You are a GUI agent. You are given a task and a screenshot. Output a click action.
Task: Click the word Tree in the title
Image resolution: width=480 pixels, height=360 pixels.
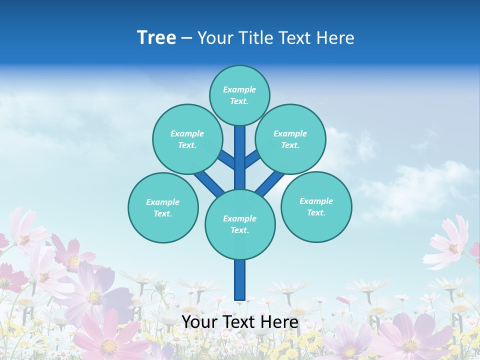pyautogui.click(x=156, y=38)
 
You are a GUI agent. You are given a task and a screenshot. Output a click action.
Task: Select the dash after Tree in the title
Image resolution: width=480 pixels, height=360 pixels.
pyautogui.click(x=186, y=38)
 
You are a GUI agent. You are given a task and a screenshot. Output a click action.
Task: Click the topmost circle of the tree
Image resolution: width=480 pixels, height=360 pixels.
pyautogui.click(x=239, y=95)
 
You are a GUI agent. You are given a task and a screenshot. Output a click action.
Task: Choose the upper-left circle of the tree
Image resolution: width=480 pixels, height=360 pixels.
pyautogui.click(x=187, y=139)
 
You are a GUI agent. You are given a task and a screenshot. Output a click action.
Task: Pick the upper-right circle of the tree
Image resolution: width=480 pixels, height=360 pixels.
pyautogui.click(x=290, y=139)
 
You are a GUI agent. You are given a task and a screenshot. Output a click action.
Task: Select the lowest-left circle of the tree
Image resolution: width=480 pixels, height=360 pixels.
pyautogui.click(x=163, y=207)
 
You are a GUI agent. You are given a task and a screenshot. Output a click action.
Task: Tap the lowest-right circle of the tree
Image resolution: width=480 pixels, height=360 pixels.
pyautogui.click(x=316, y=206)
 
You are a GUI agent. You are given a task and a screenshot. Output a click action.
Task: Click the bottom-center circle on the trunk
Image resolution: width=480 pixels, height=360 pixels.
pyautogui.click(x=240, y=224)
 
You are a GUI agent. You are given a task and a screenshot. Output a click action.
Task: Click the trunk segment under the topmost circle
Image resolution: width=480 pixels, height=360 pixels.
pyautogui.click(x=240, y=150)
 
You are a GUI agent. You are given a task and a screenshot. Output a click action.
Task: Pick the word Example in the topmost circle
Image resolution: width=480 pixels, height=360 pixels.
pyautogui.click(x=239, y=89)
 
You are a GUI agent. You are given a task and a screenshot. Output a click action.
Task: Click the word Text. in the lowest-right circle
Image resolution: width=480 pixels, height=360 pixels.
pyautogui.click(x=316, y=212)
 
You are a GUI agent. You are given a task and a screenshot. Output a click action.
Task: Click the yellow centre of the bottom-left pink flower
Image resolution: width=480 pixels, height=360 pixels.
pyautogui.click(x=108, y=345)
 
